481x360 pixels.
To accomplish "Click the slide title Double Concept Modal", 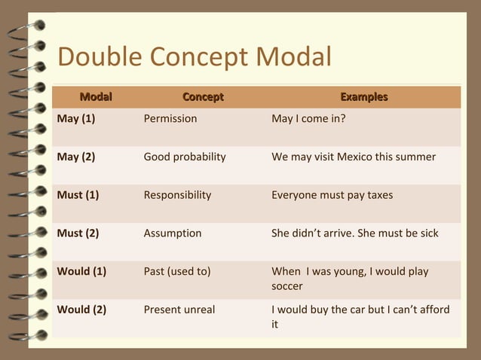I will tap(194, 57).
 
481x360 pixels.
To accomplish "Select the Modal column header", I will tap(96, 97).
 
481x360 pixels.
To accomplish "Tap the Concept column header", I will tap(203, 97).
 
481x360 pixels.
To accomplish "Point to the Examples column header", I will tap(363, 97).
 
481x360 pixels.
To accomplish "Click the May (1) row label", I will tap(76, 118).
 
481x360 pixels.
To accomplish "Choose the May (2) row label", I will tap(76, 157).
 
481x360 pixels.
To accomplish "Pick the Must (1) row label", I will tap(78, 195).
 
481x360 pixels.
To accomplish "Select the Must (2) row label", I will tap(78, 233).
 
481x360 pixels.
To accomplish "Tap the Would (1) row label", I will tap(81, 271).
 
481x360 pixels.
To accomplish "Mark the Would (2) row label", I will tap(81, 310).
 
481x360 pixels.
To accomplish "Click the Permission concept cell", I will tap(170, 118).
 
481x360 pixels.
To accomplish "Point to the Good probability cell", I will tap(185, 157).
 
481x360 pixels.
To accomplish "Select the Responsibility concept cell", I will tap(177, 195).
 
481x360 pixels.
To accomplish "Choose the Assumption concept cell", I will tap(173, 233).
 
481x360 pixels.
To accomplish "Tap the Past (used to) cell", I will tap(176, 271).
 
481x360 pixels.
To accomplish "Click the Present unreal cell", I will tap(179, 310).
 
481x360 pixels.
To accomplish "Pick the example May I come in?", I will tap(308, 118).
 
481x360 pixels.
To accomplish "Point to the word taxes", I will tap(378, 195).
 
